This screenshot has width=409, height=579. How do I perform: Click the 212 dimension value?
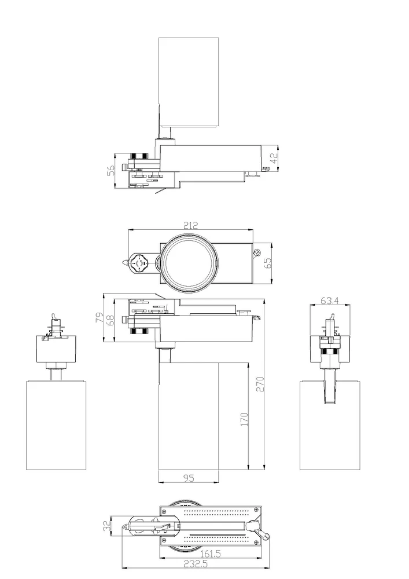[190, 225]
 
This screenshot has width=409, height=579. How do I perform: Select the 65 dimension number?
[268, 262]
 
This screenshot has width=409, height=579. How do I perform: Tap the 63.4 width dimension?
[329, 301]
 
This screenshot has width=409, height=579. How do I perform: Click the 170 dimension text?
[244, 419]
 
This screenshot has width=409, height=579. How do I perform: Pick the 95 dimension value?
[189, 478]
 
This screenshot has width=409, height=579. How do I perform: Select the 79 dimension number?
[99, 317]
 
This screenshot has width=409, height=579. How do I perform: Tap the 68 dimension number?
[110, 319]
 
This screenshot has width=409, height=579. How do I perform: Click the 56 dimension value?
[110, 171]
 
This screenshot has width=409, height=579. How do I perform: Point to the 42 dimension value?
[274, 159]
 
